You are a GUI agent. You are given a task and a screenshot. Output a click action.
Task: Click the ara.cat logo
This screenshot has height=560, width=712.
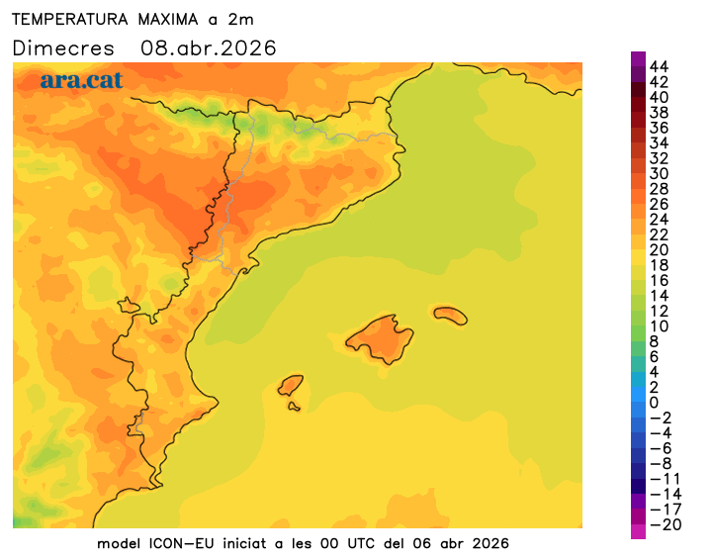81,80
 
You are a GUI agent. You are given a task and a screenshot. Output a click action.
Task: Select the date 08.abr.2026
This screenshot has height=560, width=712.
209,47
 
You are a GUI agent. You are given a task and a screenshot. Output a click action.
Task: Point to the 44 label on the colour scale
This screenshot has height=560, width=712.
660,66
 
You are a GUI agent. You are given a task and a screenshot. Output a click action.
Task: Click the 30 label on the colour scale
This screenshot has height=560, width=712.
660,173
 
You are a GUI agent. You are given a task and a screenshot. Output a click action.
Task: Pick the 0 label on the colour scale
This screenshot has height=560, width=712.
654,403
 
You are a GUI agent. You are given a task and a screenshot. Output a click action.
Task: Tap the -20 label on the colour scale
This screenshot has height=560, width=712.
664,524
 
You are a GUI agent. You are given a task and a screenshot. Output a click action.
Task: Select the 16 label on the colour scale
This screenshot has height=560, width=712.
660,280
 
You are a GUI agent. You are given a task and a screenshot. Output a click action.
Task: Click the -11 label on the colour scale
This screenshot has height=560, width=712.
664,479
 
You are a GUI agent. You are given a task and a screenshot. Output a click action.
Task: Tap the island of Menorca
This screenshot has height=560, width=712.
450,315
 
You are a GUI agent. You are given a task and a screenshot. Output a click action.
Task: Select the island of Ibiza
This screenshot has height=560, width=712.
290,384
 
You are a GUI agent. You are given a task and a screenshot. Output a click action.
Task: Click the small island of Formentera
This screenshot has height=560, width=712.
294,405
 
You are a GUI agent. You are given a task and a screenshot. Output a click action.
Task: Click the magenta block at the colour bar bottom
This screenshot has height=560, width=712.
638,531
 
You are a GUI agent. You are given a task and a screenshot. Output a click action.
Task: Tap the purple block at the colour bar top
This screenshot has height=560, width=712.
638,58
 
